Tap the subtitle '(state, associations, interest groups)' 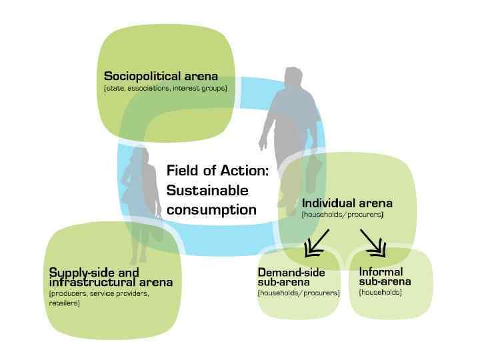[x=165, y=88]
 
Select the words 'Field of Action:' [x=217, y=170]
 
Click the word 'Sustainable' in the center [x=207, y=190]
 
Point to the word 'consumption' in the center [x=211, y=209]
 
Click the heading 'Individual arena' [x=347, y=203]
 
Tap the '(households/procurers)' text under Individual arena [x=342, y=215]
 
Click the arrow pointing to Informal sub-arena [x=373, y=243]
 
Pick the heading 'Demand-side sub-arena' [x=291, y=277]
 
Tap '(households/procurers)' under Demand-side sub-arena [x=298, y=293]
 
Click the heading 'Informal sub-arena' [x=385, y=277]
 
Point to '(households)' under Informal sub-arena [x=380, y=292]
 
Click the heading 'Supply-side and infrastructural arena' [x=111, y=277]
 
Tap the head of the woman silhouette [x=141, y=154]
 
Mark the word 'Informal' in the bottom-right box [x=381, y=272]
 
